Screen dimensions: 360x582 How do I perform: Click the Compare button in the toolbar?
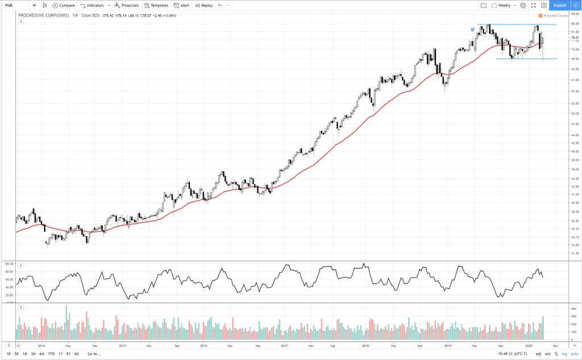(64, 5)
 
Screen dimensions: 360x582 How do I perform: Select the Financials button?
(127, 5)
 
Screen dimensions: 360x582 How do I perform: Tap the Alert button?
(182, 5)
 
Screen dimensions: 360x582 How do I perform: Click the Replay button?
(204, 5)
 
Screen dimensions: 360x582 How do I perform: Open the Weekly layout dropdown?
(502, 5)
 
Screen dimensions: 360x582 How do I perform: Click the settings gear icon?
(522, 5)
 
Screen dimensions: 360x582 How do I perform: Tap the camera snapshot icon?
(544, 5)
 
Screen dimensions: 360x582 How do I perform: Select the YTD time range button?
(51, 354)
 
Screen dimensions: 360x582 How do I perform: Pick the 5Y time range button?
(68, 354)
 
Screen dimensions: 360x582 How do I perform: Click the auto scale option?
(574, 354)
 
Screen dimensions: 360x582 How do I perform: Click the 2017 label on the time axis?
(282, 345)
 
